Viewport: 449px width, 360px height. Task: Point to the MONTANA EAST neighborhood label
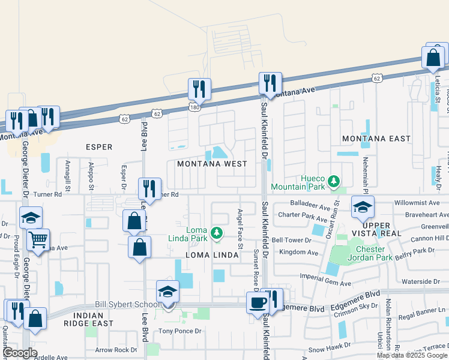click(376, 139)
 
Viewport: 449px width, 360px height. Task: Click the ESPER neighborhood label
click(99, 146)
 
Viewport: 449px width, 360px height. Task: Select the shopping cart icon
click(38, 240)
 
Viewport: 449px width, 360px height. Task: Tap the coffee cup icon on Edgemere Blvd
click(258, 301)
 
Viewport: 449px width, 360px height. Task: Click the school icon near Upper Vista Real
click(362, 206)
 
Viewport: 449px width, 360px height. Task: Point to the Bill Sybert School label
click(124, 305)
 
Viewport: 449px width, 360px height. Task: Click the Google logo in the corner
click(20, 353)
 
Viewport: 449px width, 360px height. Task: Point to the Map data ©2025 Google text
click(412, 355)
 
